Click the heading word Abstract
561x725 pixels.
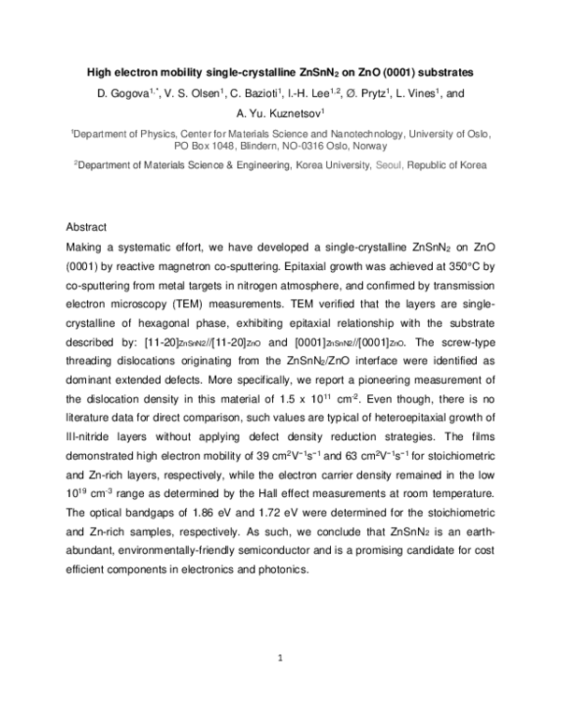[87, 227]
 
